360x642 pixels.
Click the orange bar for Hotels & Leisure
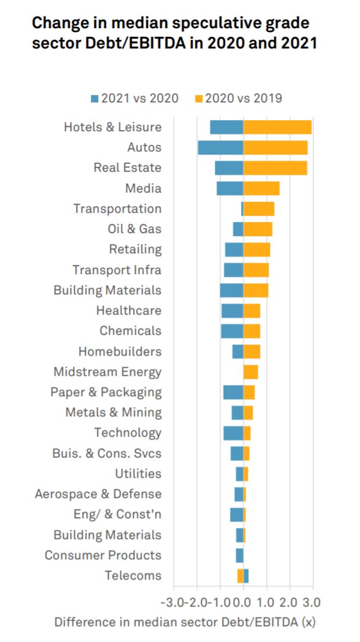(277, 127)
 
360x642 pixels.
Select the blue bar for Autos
(220, 147)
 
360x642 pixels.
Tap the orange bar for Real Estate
(275, 167)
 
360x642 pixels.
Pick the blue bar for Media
(230, 188)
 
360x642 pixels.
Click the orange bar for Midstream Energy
(250, 372)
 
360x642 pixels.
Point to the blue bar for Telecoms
(246, 575)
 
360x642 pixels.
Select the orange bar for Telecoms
(240, 575)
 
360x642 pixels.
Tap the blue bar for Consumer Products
(239, 555)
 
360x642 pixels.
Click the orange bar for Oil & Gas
(258, 229)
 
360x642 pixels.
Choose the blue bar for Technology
(233, 433)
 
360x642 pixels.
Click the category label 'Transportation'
(117, 208)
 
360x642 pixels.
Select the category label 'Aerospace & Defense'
(98, 494)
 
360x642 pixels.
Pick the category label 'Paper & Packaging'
(106, 392)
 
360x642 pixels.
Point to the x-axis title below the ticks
(185, 622)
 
